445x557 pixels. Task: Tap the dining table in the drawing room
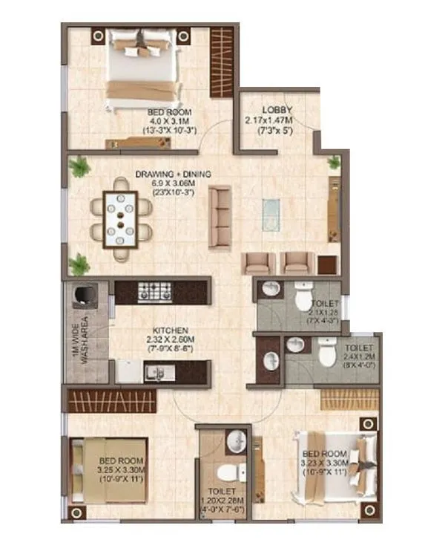point(121,218)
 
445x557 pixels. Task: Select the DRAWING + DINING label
point(173,175)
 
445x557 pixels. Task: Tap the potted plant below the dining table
point(79,264)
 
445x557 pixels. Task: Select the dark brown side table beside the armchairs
point(327,264)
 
